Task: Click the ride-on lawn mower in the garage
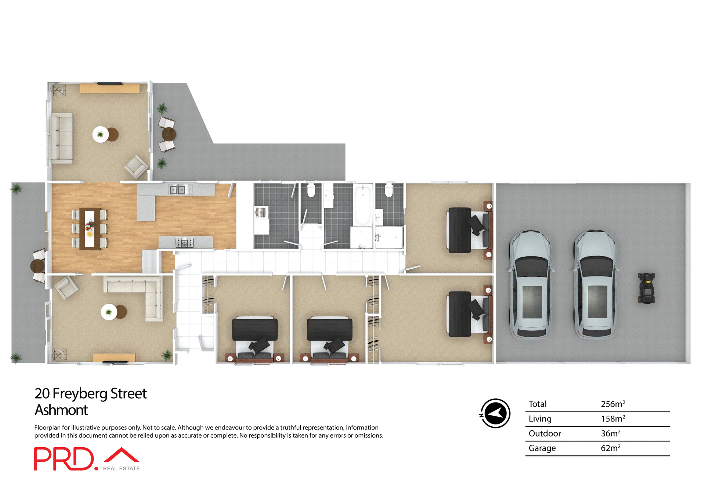[646, 288]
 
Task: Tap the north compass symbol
[495, 413]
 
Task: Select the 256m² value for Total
[612, 404]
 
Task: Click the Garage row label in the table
[542, 448]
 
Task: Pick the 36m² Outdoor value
[610, 434]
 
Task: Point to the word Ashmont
[61, 410]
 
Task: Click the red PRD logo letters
[64, 459]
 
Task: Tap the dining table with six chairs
[90, 229]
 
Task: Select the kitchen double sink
[177, 190]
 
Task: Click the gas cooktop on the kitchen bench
[184, 243]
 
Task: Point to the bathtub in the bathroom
[363, 204]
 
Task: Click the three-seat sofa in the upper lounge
[61, 138]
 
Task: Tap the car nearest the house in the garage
[530, 284]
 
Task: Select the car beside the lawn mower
[595, 284]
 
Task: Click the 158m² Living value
[612, 419]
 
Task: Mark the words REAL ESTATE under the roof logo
[121, 469]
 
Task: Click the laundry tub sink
[260, 212]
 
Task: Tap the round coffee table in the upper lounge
[101, 135]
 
